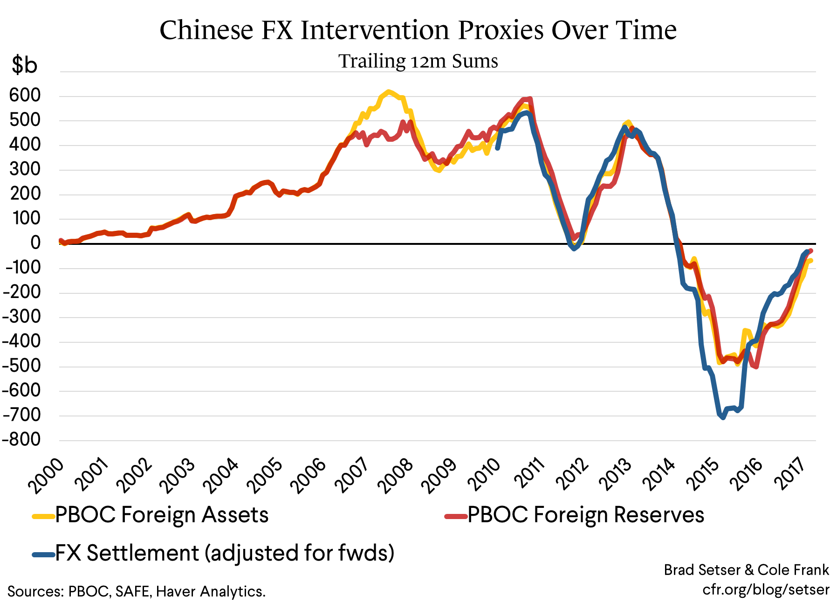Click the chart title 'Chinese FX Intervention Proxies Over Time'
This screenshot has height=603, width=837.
[418, 30]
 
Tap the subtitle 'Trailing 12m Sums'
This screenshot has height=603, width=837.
[418, 61]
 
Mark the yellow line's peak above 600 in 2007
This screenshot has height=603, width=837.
[388, 92]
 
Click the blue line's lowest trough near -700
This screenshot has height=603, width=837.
[723, 417]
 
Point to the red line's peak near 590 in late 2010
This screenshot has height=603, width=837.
[530, 98]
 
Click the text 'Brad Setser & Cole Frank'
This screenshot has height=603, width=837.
[746, 570]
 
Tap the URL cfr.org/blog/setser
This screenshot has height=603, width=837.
[766, 589]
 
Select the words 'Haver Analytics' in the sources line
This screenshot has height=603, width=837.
[211, 591]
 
